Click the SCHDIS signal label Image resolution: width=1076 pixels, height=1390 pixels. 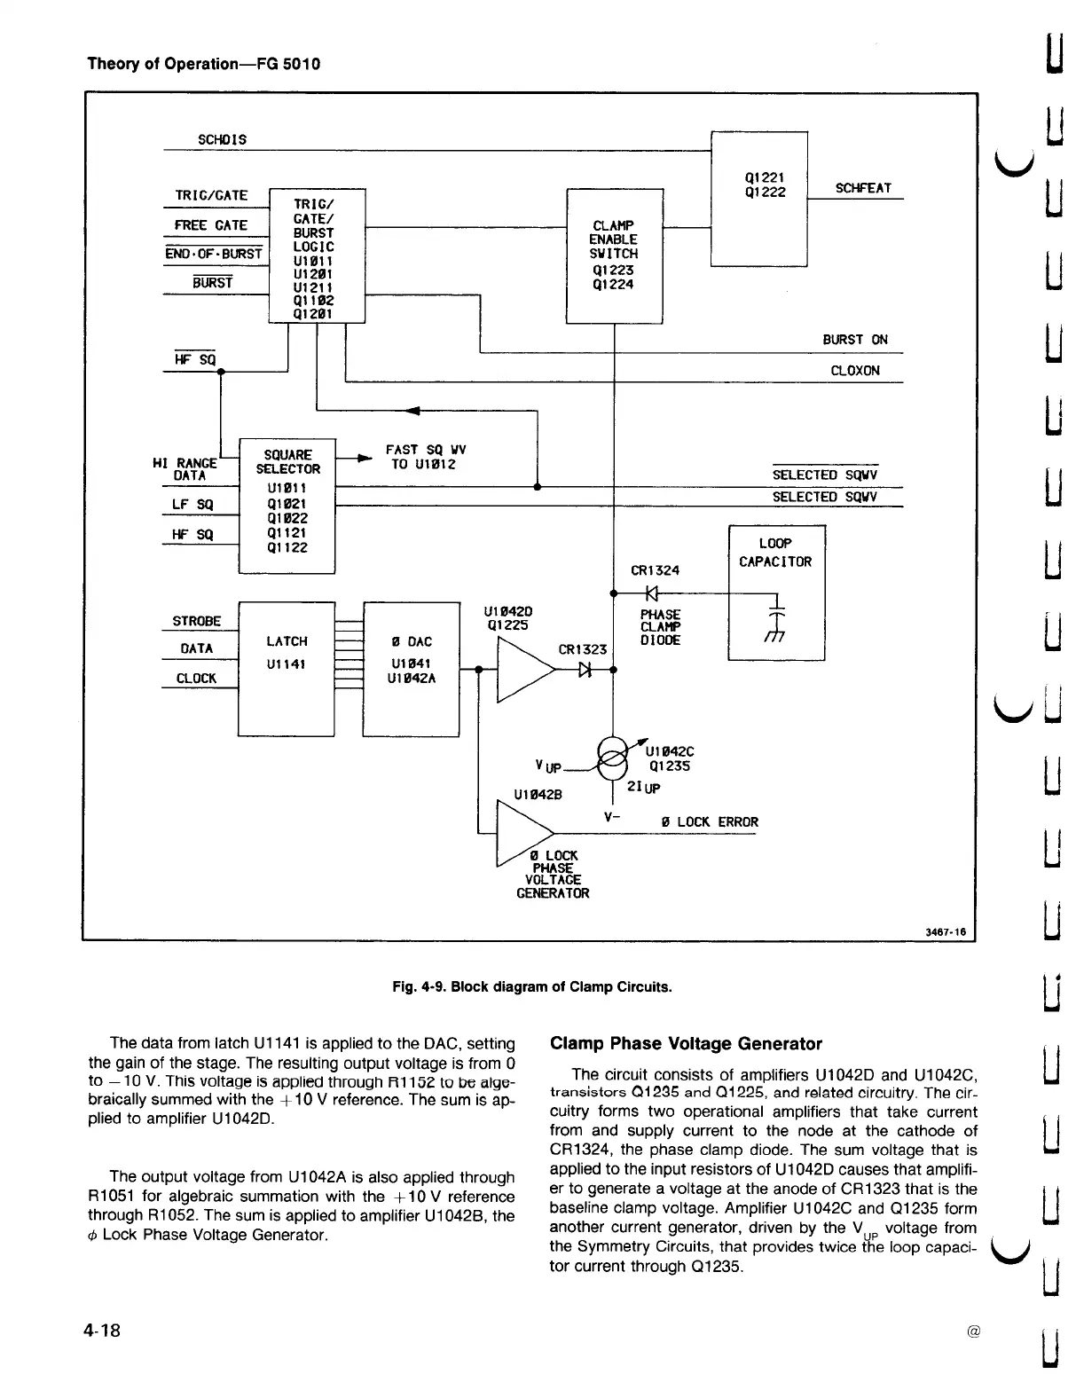pos(222,139)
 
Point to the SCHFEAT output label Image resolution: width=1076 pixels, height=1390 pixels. pos(863,188)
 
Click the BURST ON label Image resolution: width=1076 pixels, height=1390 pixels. pos(854,340)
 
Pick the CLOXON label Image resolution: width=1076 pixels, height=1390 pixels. pos(854,371)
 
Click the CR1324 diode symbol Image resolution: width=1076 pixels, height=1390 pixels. pos(651,593)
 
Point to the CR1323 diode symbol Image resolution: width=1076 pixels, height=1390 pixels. pos(585,670)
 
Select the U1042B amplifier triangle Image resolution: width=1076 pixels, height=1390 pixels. pos(525,834)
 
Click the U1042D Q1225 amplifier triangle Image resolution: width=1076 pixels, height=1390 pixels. pos(527,669)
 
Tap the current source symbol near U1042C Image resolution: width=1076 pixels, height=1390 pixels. pos(612,758)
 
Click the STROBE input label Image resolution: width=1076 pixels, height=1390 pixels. pos(196,621)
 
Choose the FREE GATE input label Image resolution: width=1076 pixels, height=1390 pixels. pos(210,225)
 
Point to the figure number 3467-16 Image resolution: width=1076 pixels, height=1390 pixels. pos(946,932)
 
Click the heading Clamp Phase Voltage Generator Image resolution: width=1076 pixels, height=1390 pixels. pos(686,1044)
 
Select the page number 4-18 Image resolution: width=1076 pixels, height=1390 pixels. pos(102,1331)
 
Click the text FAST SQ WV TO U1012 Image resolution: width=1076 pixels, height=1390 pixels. pos(425,457)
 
